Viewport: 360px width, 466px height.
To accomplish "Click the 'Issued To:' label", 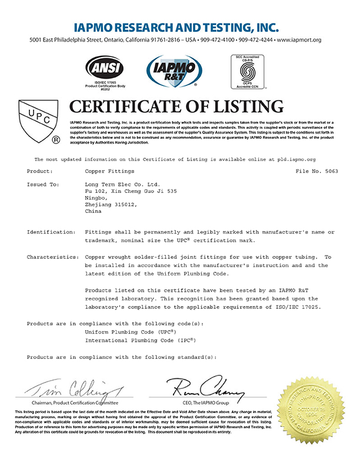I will (x=43, y=185).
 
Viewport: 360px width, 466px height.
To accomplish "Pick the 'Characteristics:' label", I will (x=53, y=257).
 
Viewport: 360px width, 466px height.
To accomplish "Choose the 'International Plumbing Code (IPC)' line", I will (x=142, y=341).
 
